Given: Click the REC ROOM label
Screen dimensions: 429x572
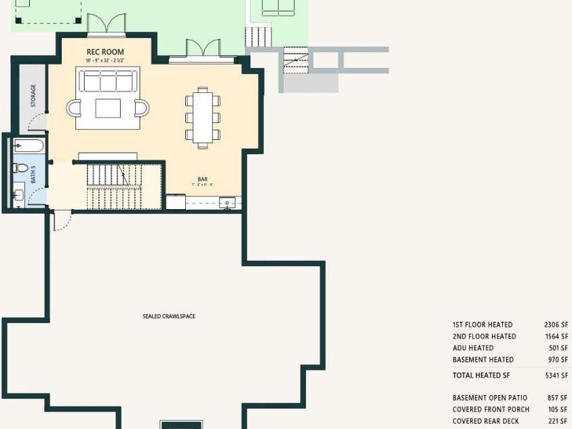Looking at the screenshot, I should pyautogui.click(x=105, y=52).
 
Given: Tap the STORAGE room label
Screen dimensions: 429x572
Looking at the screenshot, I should pyautogui.click(x=33, y=96).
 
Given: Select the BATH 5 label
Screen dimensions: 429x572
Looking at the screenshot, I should pyautogui.click(x=33, y=175).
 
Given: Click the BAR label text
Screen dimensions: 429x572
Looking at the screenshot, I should pyautogui.click(x=202, y=179).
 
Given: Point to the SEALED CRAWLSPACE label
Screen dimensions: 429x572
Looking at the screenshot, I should pyautogui.click(x=169, y=316).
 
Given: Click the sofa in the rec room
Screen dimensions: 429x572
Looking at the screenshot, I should pyautogui.click(x=107, y=81).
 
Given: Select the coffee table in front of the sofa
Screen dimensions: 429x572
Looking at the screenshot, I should pyautogui.click(x=108, y=109).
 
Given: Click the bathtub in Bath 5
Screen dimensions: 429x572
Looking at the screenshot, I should pyautogui.click(x=29, y=145).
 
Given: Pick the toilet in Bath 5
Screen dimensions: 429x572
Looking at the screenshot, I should pyautogui.click(x=20, y=168).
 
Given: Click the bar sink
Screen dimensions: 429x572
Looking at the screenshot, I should pyautogui.click(x=229, y=202).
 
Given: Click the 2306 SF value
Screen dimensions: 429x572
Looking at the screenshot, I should pyautogui.click(x=555, y=325).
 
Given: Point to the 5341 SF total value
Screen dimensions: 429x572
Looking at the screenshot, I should pyautogui.click(x=555, y=375).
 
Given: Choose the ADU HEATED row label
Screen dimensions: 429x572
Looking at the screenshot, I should pyautogui.click(x=473, y=348).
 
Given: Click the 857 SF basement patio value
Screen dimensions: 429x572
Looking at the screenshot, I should pyautogui.click(x=556, y=398).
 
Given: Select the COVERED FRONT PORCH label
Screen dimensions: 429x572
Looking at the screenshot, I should pyautogui.click(x=491, y=409).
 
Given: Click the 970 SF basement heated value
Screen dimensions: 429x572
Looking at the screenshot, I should pyautogui.click(x=557, y=360).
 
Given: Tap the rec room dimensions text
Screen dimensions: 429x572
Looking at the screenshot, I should pyautogui.click(x=105, y=60).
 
